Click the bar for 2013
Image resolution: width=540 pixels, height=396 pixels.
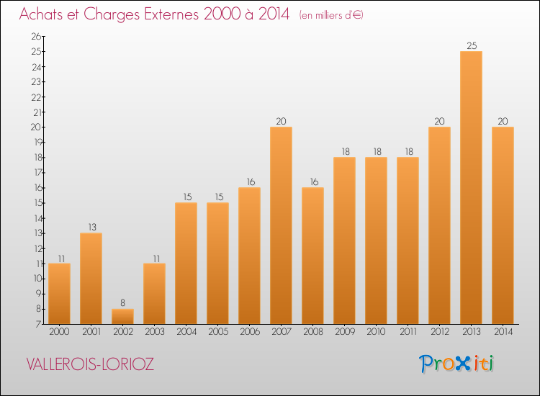pos(471,187)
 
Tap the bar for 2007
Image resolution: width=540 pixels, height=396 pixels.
pos(281,225)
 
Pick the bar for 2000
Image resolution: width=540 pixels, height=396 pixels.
pos(59,294)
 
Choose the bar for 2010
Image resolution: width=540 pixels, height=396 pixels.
pos(376,240)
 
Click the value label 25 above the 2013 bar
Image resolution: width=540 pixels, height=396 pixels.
pos(471,45)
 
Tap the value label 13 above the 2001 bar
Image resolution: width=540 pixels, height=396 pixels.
pos(91,228)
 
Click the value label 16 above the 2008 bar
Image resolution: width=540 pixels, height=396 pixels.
pos(312,182)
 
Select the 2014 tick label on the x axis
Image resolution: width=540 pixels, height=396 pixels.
pos(503,333)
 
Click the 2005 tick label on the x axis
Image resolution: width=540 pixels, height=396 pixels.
pos(217,333)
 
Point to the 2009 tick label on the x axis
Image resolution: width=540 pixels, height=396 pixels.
pos(344,333)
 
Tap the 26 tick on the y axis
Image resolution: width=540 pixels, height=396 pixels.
pos(36,36)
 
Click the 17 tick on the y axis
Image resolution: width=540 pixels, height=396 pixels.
pos(36,173)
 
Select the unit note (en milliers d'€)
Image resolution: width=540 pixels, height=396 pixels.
pos(331,15)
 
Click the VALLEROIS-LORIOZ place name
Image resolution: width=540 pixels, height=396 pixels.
pos(90,364)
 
